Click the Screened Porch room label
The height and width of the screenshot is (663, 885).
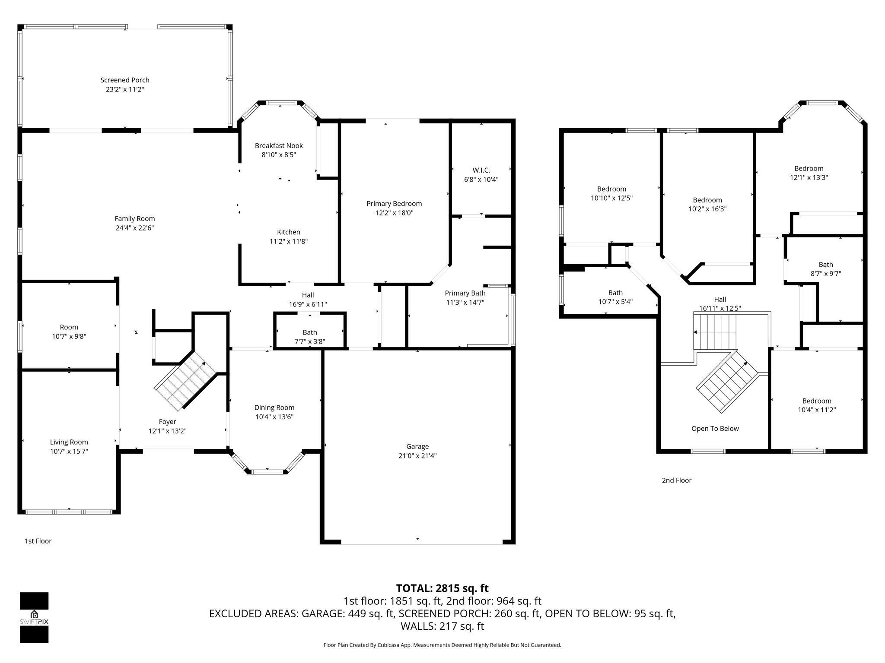pos(125,80)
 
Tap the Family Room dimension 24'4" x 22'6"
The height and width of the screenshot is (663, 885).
pos(135,228)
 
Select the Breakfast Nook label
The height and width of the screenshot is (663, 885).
pos(279,146)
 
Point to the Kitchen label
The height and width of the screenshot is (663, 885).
pos(288,232)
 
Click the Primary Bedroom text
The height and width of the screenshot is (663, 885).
pos(394,204)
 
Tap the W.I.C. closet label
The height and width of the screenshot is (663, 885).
pos(481,170)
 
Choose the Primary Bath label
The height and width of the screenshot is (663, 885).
pos(465,293)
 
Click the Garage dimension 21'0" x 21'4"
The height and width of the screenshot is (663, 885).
pos(417,456)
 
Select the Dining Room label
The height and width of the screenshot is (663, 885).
pos(274,407)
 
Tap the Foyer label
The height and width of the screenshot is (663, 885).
pos(167,422)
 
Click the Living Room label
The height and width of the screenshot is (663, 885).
pos(69,442)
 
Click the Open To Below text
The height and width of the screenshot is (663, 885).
pos(715,429)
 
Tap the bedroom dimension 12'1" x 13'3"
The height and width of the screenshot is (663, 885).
pos(809,177)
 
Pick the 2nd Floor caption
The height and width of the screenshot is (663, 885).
pos(677,480)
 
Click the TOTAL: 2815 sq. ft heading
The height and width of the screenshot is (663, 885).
pos(442,588)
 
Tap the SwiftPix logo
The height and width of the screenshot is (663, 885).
pos(34,618)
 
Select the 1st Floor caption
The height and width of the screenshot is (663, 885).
pos(38,541)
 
